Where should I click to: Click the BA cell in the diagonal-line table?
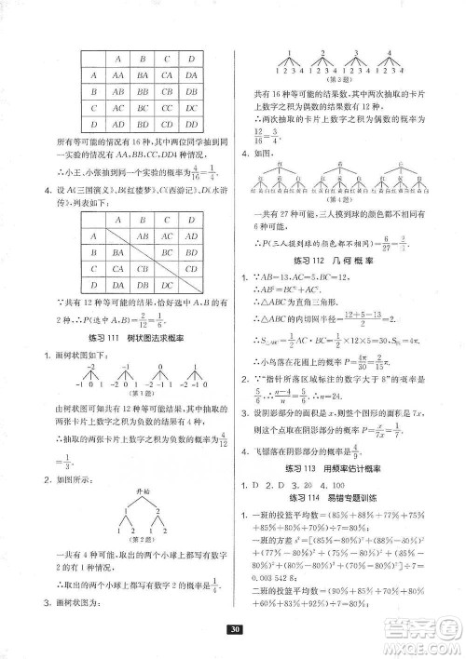click(x=116, y=253)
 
